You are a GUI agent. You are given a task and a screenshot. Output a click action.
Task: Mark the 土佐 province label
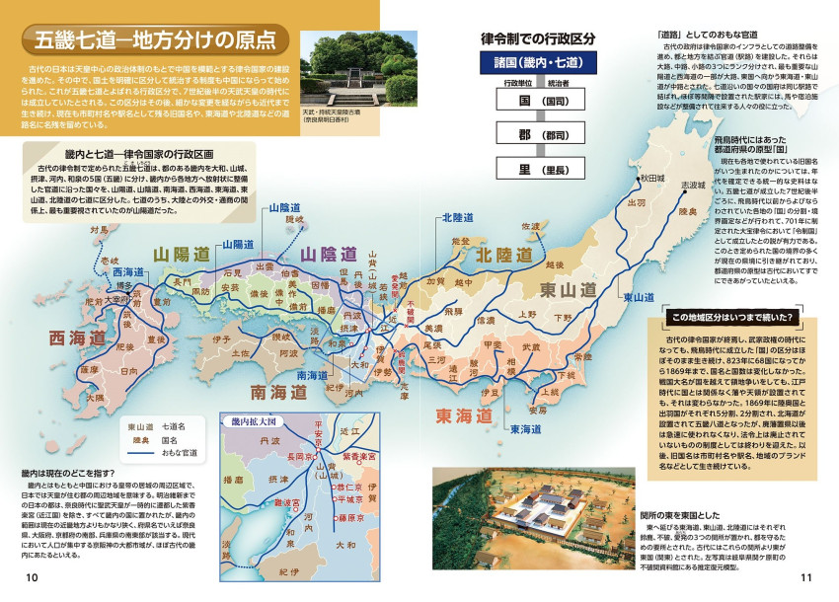coord(239,352)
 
